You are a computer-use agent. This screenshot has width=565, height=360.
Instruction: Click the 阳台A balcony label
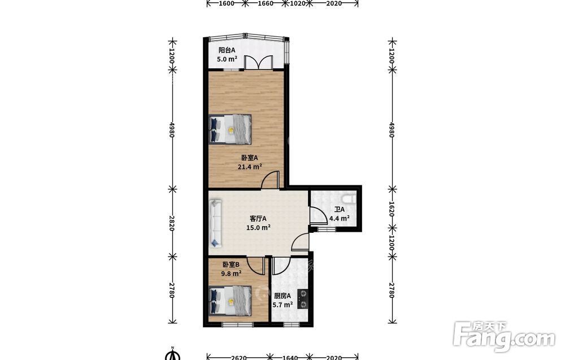point(227,50)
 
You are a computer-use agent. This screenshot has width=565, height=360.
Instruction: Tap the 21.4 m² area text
point(249,167)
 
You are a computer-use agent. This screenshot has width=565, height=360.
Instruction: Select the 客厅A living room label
point(258,218)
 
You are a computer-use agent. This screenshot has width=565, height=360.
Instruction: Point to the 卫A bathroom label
point(339,209)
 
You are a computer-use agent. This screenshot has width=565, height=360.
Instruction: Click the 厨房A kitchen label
point(282,296)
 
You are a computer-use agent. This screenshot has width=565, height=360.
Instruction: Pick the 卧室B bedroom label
point(231,264)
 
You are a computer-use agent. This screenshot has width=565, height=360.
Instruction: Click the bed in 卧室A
point(230,129)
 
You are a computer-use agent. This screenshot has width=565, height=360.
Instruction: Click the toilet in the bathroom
point(350,198)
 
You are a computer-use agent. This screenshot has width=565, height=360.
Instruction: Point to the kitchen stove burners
point(303,299)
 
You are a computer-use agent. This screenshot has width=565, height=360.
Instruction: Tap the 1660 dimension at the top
point(266,3)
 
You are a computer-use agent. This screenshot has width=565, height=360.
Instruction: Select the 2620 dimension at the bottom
point(238,358)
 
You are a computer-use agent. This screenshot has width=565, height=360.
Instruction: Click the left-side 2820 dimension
point(172,223)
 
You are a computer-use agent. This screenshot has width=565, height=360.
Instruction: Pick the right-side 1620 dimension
point(392,209)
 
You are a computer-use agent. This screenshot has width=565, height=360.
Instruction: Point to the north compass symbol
point(173,354)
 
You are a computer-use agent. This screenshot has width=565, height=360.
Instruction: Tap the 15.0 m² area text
point(258,227)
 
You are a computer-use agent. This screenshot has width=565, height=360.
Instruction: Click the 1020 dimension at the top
point(298,3)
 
